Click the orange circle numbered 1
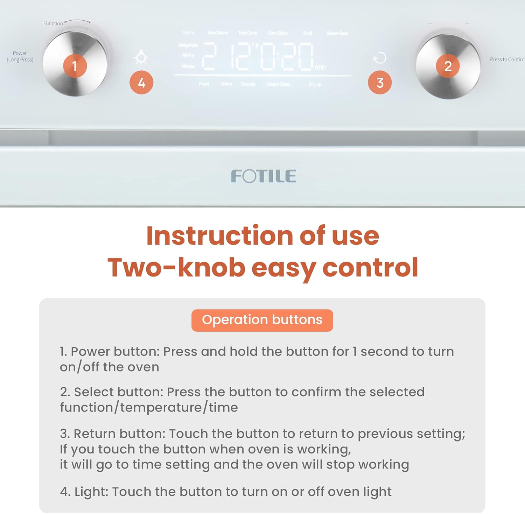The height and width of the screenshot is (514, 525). coord(75,66)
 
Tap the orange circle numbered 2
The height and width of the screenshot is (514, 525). coord(448,66)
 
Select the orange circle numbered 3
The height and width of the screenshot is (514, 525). coord(380,83)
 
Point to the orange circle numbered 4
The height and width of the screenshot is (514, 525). coord(141,83)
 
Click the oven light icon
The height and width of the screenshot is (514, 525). coord(141,58)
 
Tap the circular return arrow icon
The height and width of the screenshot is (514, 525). coord(380,58)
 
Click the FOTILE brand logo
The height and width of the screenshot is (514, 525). coord(263,176)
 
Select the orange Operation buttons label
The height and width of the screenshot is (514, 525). coord(262,320)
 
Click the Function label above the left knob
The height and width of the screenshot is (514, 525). coord(53,23)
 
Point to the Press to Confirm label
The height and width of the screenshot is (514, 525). coord(507,59)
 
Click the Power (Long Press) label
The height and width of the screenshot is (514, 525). coord(20,56)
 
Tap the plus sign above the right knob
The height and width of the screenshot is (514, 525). coord(467,24)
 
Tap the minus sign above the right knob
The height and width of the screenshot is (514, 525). coord(430,24)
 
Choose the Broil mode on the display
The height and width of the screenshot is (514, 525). coord(308,33)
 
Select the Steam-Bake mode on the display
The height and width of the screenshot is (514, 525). coord(337,33)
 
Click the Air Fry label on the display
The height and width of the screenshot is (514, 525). coord(188,55)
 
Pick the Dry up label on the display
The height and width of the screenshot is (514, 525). coord(315,84)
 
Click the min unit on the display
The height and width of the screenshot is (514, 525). coord(320,68)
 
